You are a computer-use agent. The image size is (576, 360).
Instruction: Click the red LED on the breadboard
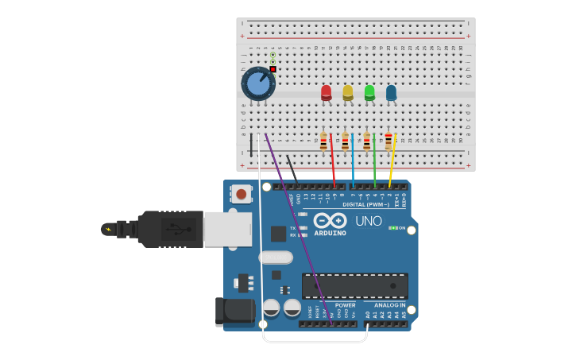326,92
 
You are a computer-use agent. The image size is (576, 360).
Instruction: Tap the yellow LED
347,92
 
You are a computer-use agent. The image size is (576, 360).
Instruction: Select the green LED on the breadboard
369,92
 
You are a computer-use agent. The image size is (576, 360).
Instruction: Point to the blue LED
391,92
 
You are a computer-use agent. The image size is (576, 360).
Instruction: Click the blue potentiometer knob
257,83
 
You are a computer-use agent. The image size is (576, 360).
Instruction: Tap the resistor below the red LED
323,141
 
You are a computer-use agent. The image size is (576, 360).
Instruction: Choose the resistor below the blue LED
389,141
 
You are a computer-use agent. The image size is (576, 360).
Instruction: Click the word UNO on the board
368,221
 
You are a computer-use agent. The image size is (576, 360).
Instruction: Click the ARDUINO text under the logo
330,233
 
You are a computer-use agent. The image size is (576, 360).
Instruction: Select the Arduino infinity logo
330,220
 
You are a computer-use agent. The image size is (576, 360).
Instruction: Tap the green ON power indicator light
391,228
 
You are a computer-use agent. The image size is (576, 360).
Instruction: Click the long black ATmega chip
355,285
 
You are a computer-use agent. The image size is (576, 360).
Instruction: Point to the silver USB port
227,228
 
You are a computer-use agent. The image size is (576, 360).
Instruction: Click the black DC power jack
235,312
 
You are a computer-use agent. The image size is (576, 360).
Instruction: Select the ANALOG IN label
385,305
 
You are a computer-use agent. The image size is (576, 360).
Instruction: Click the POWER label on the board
345,305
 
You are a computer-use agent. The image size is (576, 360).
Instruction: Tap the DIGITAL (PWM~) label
365,204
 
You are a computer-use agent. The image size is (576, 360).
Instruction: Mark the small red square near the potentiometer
273,69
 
